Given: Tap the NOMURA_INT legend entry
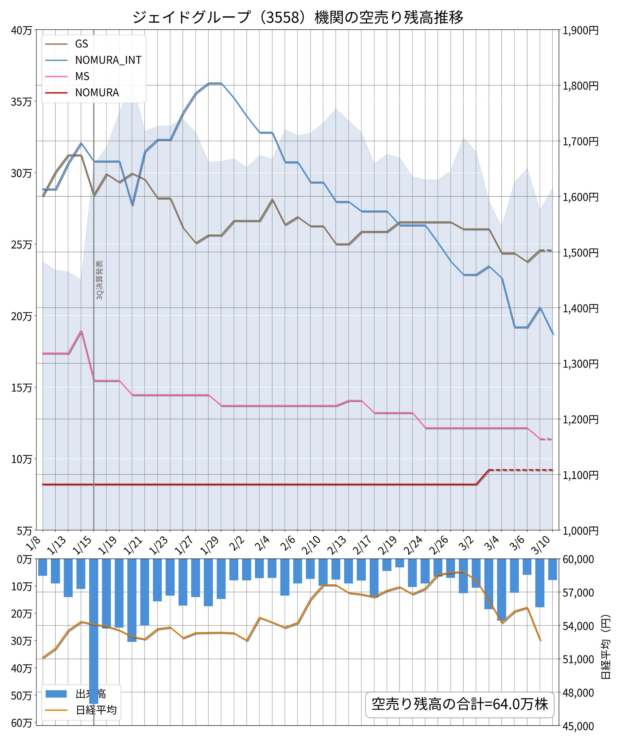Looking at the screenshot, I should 108,60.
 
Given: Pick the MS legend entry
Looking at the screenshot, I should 82,76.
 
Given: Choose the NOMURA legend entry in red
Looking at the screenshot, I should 97,93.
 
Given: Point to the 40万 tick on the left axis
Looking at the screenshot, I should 21,30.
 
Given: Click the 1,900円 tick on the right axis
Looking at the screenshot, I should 580,30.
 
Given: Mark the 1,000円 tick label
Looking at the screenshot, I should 580,530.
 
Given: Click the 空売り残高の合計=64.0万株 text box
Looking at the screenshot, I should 459,704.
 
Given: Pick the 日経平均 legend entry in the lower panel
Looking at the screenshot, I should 96,710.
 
